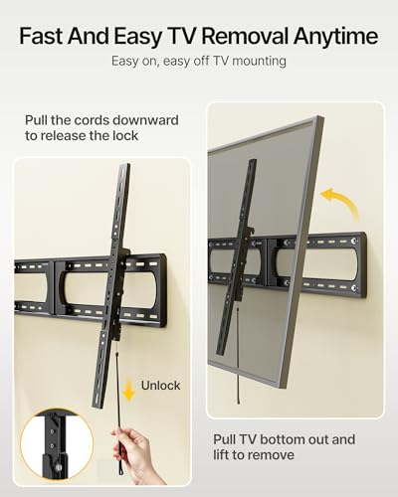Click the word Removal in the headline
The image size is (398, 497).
click(x=246, y=36)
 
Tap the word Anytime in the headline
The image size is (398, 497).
click(x=335, y=37)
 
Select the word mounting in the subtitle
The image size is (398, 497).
click(x=259, y=62)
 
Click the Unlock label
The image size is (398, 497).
click(x=161, y=386)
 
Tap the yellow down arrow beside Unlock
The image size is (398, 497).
click(x=128, y=392)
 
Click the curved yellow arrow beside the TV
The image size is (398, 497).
click(x=343, y=202)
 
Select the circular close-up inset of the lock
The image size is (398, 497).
click(x=57, y=444)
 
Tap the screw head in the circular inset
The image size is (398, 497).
click(x=60, y=468)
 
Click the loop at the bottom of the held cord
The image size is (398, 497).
click(x=118, y=471)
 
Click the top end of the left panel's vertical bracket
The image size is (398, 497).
click(x=125, y=165)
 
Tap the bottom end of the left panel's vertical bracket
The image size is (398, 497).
click(x=99, y=406)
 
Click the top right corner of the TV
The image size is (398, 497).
click(x=320, y=116)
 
